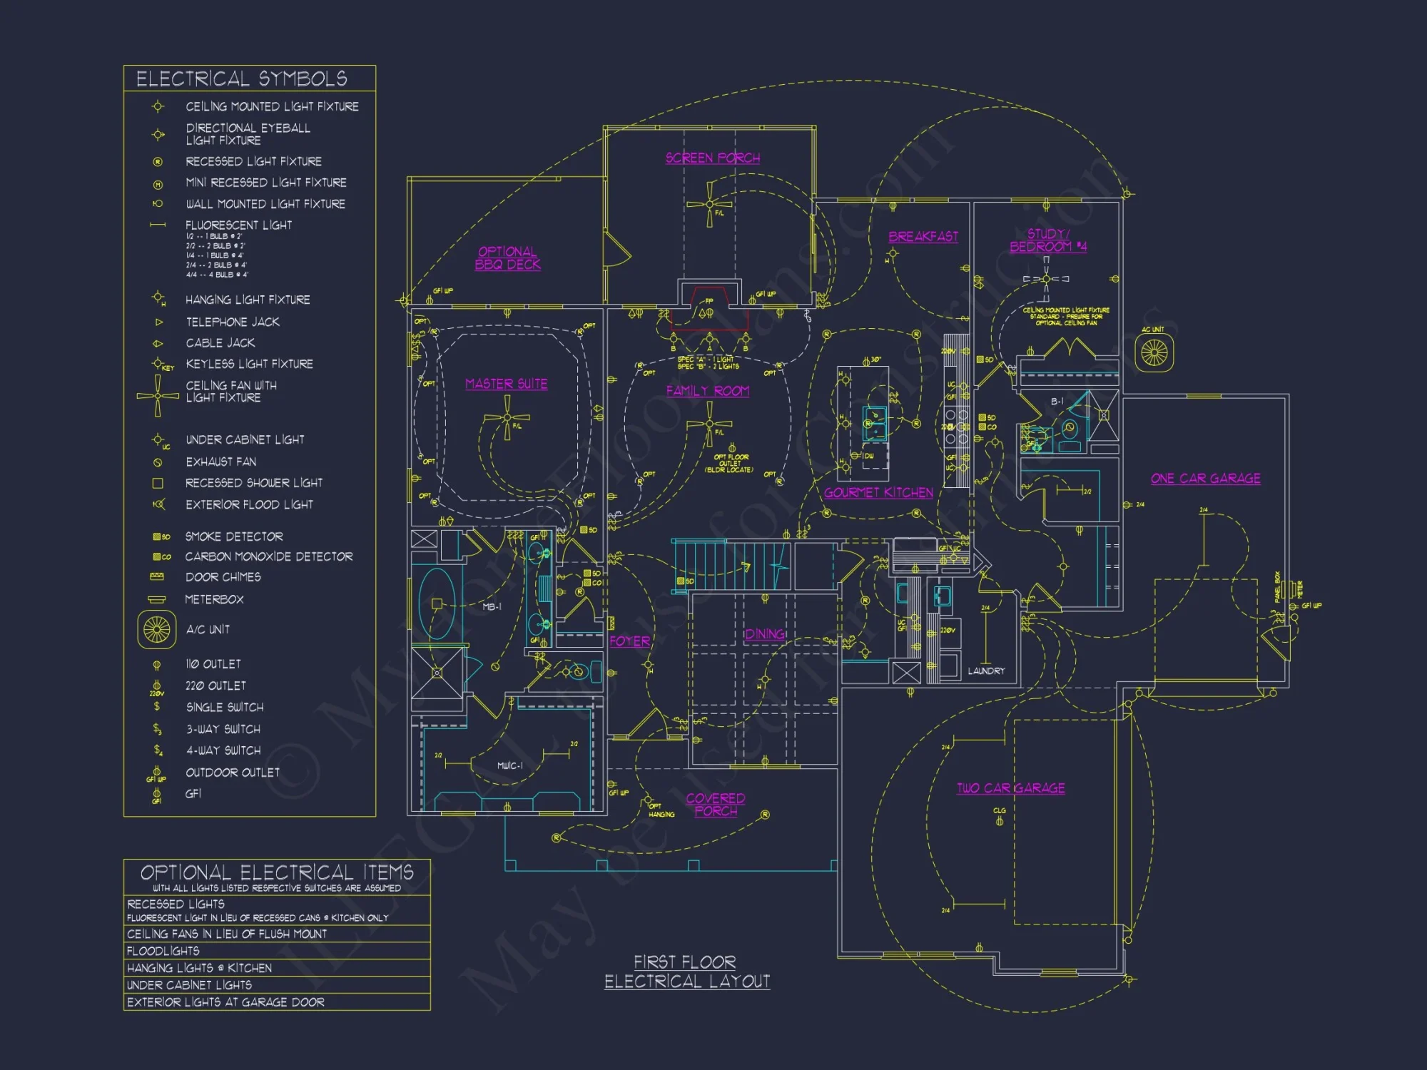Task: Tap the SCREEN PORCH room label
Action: (712, 158)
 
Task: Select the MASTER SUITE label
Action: (506, 384)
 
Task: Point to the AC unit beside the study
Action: (1154, 352)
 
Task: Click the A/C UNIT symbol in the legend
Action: (157, 629)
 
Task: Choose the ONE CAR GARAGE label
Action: (1205, 478)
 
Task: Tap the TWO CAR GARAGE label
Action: (1010, 788)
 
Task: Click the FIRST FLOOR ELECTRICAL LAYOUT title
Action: (686, 972)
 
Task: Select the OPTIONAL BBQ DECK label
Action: (507, 258)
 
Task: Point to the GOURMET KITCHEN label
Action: (878, 492)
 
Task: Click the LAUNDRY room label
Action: (986, 671)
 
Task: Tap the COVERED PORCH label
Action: (716, 804)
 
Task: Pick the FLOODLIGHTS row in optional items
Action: (163, 951)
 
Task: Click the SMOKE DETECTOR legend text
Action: (234, 536)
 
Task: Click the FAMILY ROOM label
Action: (707, 391)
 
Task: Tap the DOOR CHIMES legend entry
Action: (223, 576)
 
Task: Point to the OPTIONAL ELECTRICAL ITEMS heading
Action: (277, 872)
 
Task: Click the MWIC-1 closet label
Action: (509, 765)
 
